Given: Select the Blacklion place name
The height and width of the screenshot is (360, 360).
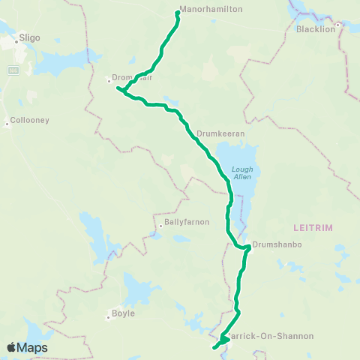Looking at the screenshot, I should tap(315, 29).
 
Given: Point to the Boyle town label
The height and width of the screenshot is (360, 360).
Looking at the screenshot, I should tap(123, 313).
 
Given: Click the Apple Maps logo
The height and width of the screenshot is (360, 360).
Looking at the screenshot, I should tap(27, 347).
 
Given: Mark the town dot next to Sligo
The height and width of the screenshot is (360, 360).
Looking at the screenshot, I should tap(16, 42).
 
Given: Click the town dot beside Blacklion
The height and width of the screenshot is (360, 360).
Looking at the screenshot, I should tap(338, 24).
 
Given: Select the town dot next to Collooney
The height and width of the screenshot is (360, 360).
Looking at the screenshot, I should tap(7, 124).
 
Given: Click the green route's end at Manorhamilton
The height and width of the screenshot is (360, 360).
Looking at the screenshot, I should tap(177, 12).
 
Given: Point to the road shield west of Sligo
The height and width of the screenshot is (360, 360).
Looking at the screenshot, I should tap(13, 70).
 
